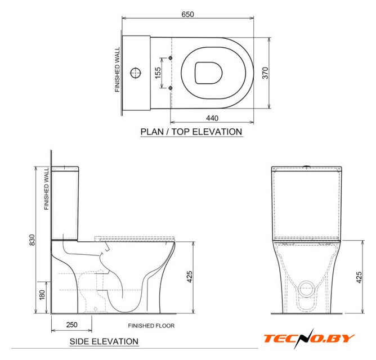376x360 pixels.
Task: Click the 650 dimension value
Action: [187, 15]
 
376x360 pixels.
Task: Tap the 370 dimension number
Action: [265, 73]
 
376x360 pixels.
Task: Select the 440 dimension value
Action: [212, 118]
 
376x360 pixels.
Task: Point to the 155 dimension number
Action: [158, 73]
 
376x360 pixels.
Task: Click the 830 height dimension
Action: [32, 240]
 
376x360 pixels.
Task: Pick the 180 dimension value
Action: [42, 295]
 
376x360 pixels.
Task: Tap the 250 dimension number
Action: [71, 325]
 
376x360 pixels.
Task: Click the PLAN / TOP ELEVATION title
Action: [191, 132]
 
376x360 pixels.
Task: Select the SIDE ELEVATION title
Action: [104, 341]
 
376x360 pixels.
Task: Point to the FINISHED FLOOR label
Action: [151, 326]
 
